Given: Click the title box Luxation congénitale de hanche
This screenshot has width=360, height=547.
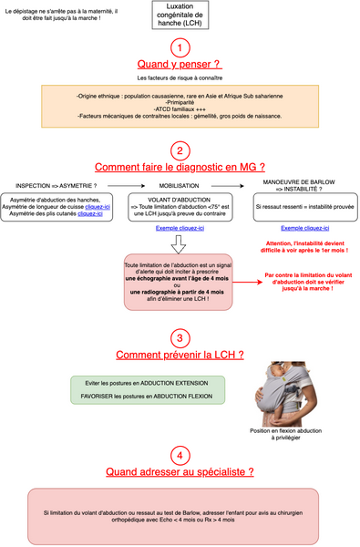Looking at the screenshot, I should click(x=179, y=15).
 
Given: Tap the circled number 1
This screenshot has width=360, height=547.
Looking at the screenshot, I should click(x=180, y=46).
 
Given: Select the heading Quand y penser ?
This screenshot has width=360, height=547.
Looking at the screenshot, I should click(x=180, y=65).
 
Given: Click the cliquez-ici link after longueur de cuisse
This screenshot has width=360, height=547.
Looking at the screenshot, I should click(x=96, y=205).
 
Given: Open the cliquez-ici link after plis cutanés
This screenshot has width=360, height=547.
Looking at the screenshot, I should click(x=90, y=212).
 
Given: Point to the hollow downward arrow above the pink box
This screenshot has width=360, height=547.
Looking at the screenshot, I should click(x=180, y=245).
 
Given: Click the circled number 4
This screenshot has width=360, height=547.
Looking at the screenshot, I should click(x=180, y=455).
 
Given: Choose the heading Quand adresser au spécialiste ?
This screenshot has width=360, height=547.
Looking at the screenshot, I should click(x=180, y=472).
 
